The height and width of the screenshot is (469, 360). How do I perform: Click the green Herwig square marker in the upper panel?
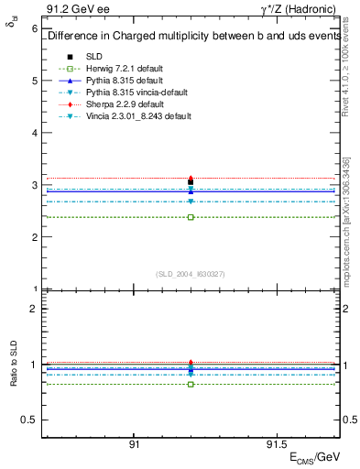tap(191, 217)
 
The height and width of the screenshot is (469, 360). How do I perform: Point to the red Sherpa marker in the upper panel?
tap(191, 179)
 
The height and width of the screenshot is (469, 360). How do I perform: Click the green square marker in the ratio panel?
tap(191, 384)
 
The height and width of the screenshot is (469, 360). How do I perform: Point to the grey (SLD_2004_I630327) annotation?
tap(191, 274)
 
